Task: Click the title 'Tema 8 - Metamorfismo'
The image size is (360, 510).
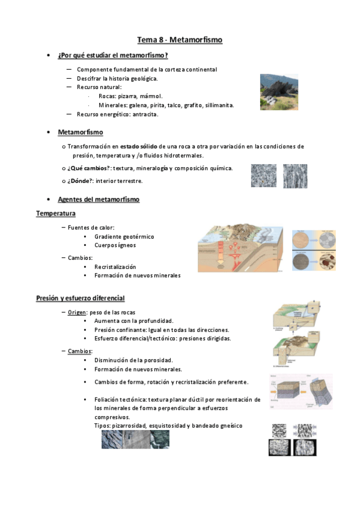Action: pyautogui.click(x=180, y=40)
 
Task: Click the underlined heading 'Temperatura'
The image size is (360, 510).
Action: pyautogui.click(x=55, y=214)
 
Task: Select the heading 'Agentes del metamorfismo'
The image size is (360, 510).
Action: pyautogui.click(x=99, y=199)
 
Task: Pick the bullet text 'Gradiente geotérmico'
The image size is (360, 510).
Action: pyautogui.click(x=124, y=236)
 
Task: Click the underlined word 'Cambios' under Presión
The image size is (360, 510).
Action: pyautogui.click(x=80, y=351)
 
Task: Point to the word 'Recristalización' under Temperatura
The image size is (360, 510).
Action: pyautogui.click(x=115, y=266)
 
